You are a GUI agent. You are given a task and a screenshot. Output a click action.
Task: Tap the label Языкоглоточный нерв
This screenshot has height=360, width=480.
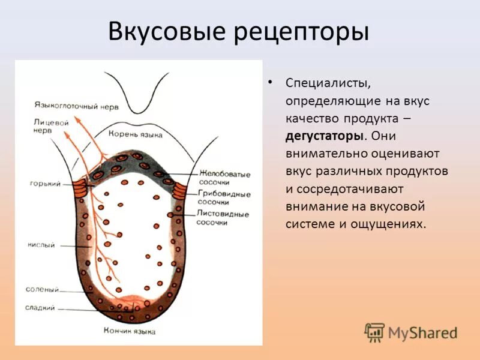76,104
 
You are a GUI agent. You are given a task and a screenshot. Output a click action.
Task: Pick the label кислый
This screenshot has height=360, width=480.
41,245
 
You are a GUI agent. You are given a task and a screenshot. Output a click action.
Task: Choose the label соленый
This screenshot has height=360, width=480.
42,289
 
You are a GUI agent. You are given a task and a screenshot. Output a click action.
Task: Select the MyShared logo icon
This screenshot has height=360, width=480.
374,332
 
